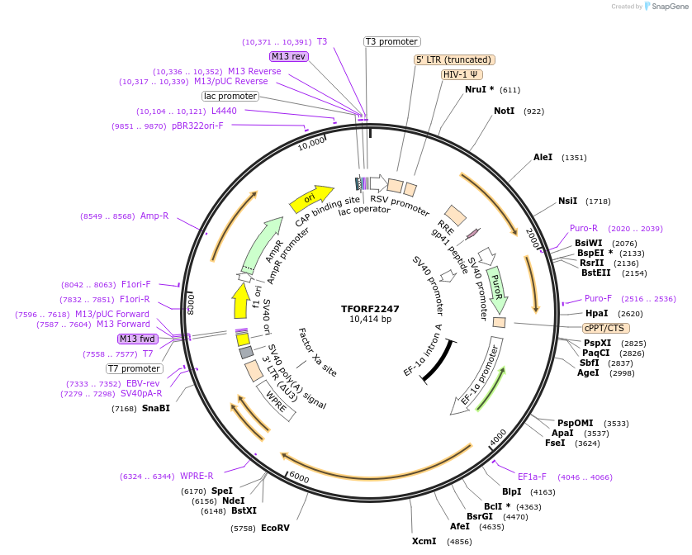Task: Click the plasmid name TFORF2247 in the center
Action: (x=370, y=309)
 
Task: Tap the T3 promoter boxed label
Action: (x=392, y=42)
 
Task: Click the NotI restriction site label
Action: (x=504, y=111)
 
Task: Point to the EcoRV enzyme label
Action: (x=276, y=528)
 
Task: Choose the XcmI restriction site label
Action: (x=424, y=542)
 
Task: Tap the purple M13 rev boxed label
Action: (x=288, y=56)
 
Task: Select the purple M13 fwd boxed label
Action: (x=137, y=339)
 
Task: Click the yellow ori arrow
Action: (x=309, y=199)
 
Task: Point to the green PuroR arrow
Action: (x=497, y=284)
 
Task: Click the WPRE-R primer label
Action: (x=197, y=476)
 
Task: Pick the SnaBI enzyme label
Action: (x=155, y=408)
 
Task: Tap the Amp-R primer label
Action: (x=154, y=216)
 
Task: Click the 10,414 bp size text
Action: (x=370, y=320)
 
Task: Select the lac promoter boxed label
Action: (x=230, y=97)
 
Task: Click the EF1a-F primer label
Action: (x=532, y=477)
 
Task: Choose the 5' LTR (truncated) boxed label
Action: (x=453, y=59)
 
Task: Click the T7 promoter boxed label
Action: (x=135, y=368)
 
